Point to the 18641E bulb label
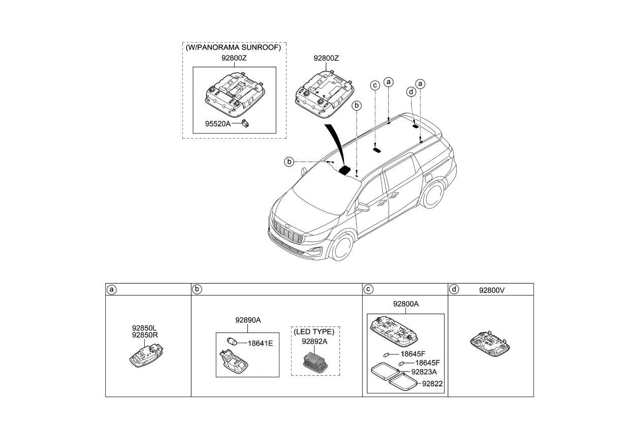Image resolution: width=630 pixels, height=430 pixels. coord(261,343)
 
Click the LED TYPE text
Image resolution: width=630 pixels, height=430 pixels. coord(315,332)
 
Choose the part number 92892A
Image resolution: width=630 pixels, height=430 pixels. coord(315,341)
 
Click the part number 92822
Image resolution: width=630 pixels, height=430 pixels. coord(432,384)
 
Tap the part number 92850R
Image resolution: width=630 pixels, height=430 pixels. coord(145,335)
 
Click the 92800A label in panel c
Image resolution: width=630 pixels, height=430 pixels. coord(405,304)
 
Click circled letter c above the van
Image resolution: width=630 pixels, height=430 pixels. coord(375,85)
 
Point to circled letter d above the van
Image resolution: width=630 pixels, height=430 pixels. coord(411,91)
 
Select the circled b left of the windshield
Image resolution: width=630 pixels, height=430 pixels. coord(289,162)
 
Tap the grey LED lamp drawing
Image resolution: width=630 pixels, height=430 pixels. coord(315,359)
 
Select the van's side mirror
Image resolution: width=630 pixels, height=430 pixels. coord(363,208)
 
